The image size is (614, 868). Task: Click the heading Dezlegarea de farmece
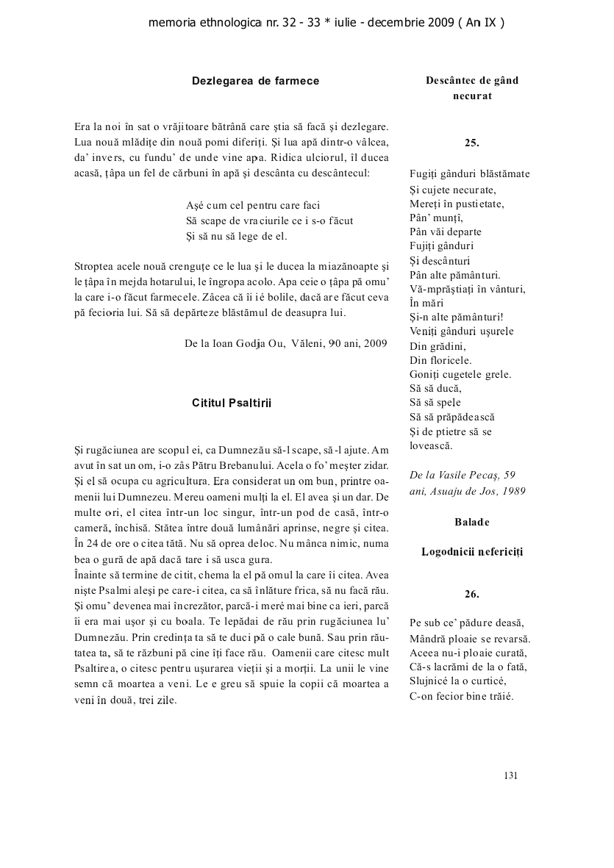[255, 81]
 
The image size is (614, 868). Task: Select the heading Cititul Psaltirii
[232, 403]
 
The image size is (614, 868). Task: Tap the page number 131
[512, 775]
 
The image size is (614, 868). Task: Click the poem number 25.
[472, 143]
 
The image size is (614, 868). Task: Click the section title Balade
[472, 522]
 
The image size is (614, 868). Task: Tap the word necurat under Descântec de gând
[472, 96]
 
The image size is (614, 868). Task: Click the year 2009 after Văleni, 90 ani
[375, 342]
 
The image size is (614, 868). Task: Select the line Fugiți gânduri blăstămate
[469, 174]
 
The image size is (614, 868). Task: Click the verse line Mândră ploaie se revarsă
[470, 638]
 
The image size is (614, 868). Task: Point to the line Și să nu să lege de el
[237, 236]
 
